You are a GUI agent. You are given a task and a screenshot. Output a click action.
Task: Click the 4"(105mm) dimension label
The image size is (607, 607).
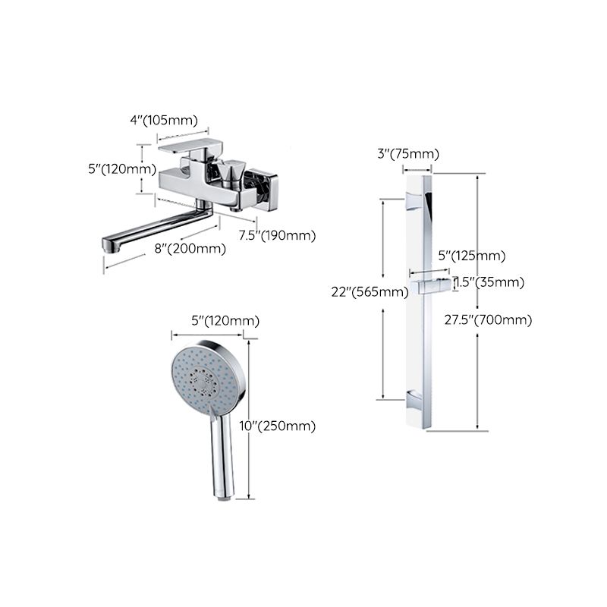tap(162, 120)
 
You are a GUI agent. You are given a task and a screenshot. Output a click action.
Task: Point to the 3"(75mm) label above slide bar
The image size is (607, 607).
tap(408, 154)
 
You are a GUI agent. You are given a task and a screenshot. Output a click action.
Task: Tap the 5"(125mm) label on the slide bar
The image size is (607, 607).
tap(472, 256)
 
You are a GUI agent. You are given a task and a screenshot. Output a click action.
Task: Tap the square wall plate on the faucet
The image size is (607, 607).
tap(264, 189)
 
